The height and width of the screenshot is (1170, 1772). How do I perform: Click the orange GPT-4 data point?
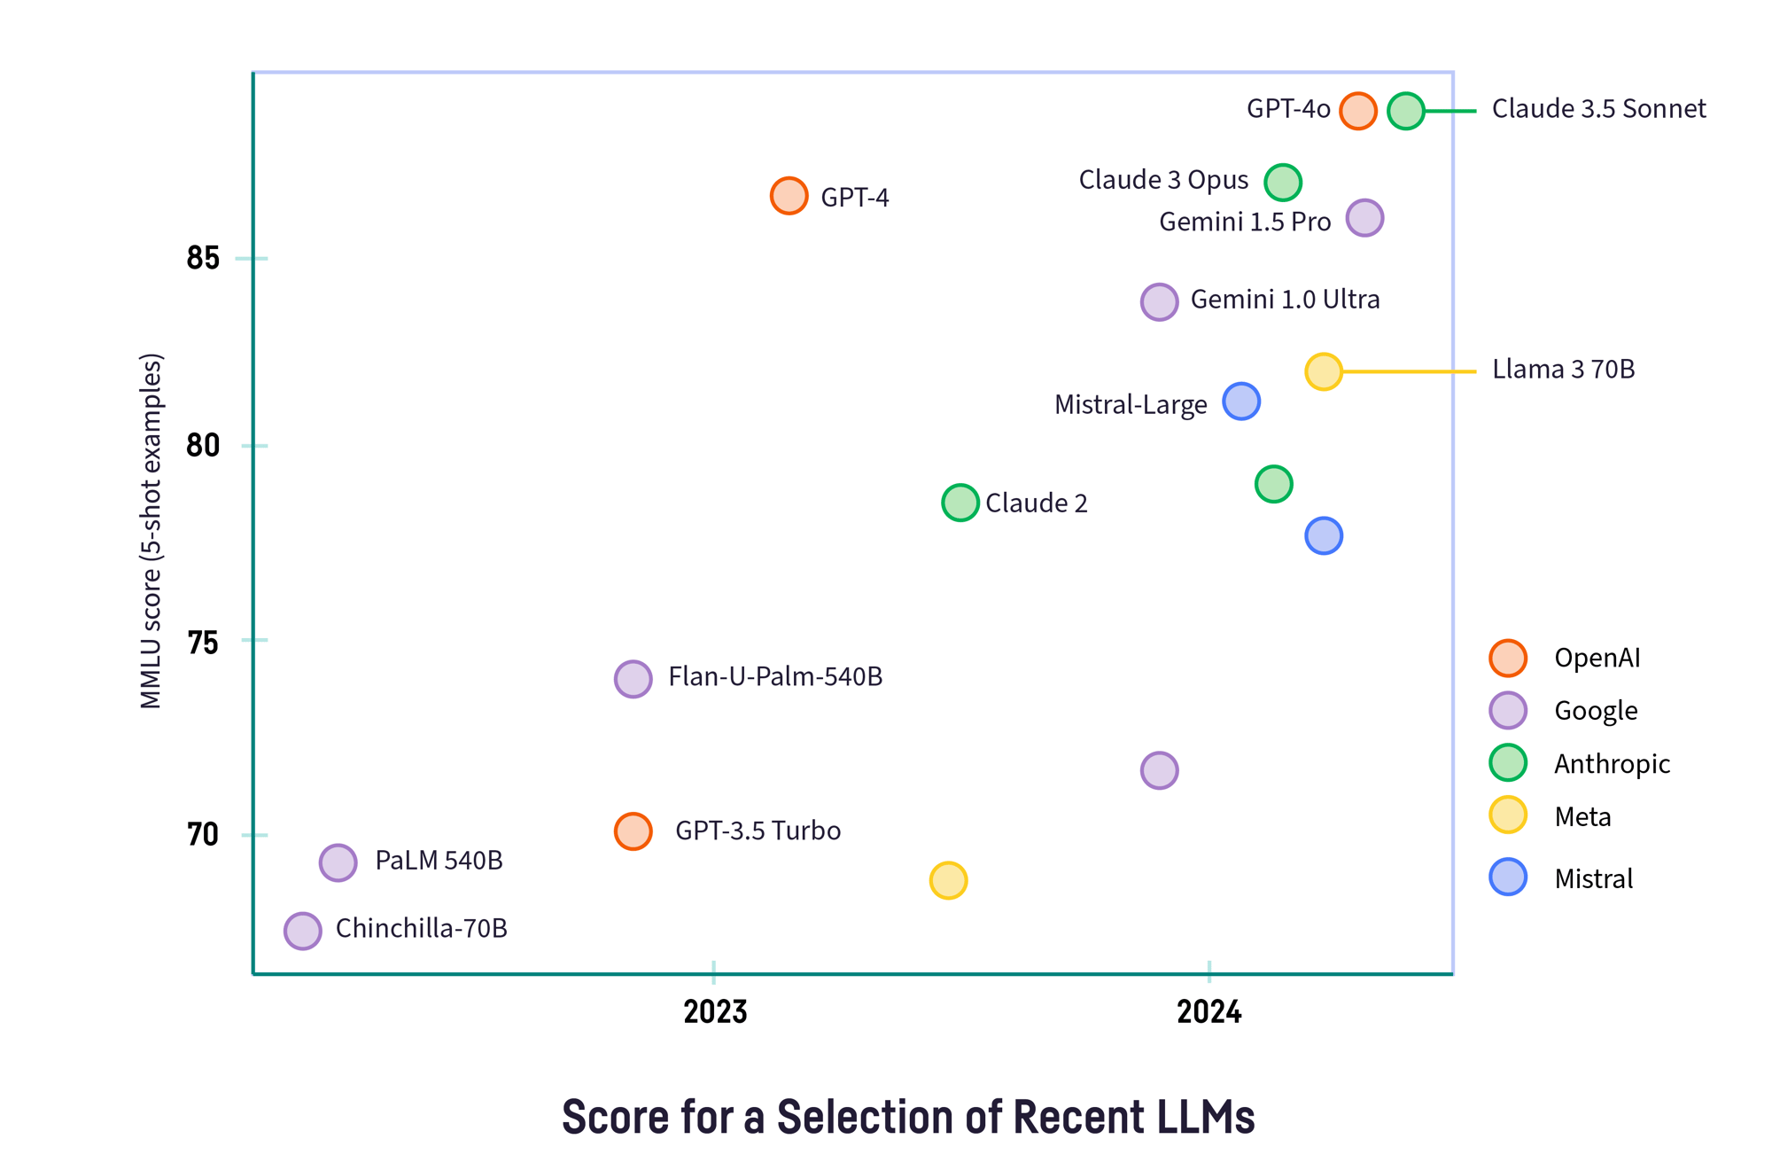[x=789, y=196]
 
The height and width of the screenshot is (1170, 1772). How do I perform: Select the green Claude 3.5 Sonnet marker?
[x=1405, y=111]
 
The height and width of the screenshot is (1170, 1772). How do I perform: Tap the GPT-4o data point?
[x=1357, y=111]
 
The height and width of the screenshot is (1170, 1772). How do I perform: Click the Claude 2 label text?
[x=1036, y=503]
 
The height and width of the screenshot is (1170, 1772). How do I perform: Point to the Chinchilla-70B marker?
[x=302, y=931]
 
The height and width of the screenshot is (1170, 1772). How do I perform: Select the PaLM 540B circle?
[x=338, y=862]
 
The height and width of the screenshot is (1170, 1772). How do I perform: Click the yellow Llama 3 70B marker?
[x=1323, y=371]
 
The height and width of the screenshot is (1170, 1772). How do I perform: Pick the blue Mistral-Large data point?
[x=1240, y=402]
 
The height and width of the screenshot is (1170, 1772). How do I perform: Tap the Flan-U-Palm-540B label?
[x=774, y=677]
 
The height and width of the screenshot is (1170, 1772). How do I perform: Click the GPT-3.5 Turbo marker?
[x=633, y=831]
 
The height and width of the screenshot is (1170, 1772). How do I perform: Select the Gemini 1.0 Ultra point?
[x=1159, y=302]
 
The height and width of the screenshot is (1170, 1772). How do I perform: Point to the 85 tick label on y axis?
[x=203, y=259]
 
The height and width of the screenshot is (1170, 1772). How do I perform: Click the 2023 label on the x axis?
[x=715, y=1011]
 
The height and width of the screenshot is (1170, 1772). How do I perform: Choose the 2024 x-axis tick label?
[x=1209, y=1011]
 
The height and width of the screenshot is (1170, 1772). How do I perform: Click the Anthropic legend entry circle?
[x=1507, y=763]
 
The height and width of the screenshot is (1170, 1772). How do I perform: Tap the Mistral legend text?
[x=1593, y=879]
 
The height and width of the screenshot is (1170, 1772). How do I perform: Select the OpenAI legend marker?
[x=1507, y=658]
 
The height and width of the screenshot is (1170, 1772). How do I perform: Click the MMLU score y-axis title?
[x=151, y=532]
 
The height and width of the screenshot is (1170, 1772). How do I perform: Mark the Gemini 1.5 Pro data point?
[x=1364, y=218]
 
